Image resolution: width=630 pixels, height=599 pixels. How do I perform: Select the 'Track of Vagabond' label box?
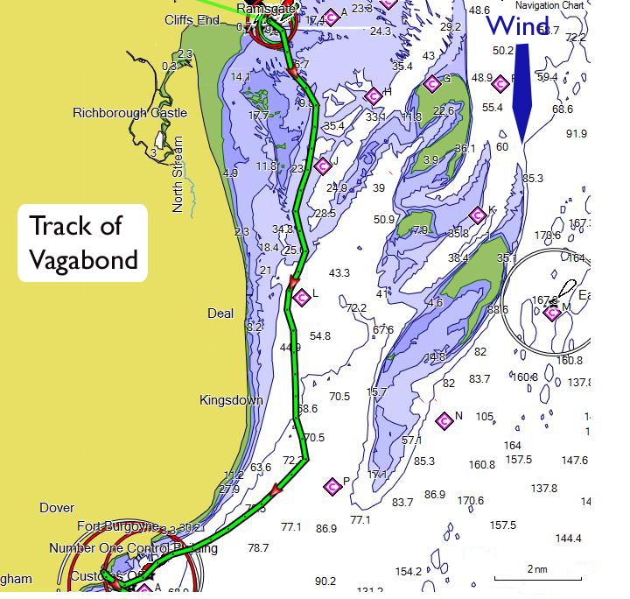click(84, 243)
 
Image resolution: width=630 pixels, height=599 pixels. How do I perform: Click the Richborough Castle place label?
click(129, 113)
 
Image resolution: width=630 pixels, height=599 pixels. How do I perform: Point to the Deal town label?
click(220, 314)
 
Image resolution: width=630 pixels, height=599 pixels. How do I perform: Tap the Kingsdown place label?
click(231, 400)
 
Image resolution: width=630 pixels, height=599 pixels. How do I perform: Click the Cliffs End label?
click(192, 19)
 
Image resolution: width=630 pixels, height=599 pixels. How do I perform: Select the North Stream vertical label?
click(178, 174)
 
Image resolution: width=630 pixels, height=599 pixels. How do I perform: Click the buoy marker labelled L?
click(302, 297)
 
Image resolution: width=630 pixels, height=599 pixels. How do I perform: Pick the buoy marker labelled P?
click(332, 486)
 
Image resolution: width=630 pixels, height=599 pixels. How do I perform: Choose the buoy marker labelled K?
click(477, 215)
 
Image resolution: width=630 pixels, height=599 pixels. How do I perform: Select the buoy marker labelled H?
click(373, 95)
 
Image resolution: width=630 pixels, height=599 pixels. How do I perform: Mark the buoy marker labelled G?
click(430, 83)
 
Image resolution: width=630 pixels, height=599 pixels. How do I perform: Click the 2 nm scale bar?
click(537, 577)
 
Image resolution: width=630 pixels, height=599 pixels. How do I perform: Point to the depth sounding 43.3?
click(339, 273)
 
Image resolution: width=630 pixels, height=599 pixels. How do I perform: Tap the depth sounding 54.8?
click(320, 336)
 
